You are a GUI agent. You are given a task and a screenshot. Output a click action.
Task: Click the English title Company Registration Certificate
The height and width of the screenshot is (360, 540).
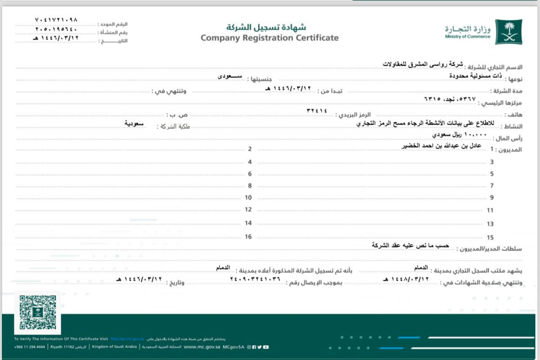[270, 38]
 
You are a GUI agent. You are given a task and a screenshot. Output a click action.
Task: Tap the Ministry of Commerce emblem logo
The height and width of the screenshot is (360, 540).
[508, 31]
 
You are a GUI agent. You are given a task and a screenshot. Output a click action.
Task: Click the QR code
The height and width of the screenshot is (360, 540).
[38, 312]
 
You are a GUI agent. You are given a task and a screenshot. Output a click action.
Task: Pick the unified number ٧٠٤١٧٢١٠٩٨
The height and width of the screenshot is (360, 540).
[56, 20]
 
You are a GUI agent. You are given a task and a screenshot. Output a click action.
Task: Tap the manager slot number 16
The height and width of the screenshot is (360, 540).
[248, 237]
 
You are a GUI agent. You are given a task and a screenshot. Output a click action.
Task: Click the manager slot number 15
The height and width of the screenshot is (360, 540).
[490, 238]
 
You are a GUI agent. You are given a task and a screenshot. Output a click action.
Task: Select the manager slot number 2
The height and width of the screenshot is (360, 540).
[249, 149]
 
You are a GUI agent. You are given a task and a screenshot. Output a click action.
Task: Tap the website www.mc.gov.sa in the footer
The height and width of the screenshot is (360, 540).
[202, 347]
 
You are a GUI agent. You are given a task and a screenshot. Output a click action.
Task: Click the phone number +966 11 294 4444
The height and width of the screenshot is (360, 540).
[30, 347]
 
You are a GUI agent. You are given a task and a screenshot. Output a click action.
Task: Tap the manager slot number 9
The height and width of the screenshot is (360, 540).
[492, 198]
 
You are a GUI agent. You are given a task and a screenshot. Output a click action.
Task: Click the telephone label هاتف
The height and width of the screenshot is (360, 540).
[516, 116]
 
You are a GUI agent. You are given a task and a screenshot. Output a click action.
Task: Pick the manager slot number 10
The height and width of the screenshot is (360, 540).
[248, 198]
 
